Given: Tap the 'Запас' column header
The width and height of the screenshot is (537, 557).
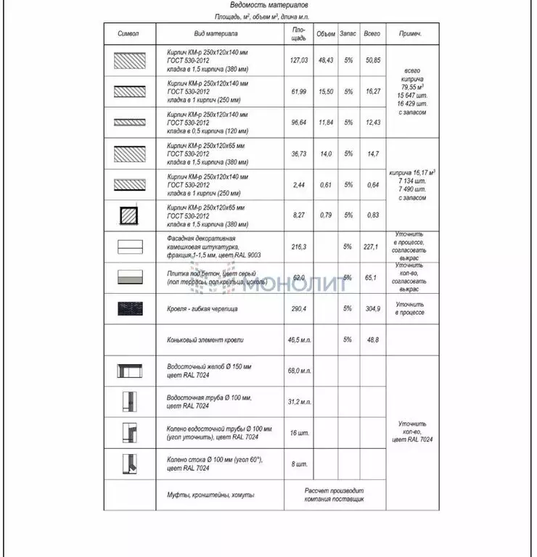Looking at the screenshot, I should tap(348, 34).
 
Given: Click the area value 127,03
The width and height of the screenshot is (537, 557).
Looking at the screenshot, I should tap(299, 60).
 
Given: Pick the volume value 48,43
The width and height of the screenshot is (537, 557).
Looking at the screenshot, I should tap(326, 60).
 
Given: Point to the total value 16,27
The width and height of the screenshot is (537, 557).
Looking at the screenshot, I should tap(373, 91).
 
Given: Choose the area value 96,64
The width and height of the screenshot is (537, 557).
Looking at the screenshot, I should tap(299, 123).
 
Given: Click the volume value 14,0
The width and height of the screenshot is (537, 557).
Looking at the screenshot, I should tap(326, 154).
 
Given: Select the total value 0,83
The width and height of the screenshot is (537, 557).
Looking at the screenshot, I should tap(373, 215).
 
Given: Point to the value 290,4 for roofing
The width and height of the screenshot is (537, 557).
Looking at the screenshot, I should tap(299, 308).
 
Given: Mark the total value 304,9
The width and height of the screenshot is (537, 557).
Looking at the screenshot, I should tap(373, 308).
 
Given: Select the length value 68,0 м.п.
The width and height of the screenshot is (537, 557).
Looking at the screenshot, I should tap(299, 371).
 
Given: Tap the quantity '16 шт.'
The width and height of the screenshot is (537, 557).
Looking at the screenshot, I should tap(299, 432).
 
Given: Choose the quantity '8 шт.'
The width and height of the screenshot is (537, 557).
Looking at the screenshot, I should tap(299, 463).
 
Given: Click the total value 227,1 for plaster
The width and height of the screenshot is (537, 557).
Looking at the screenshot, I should tap(372, 247).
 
